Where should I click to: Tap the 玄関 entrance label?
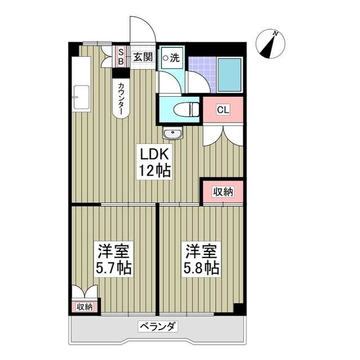coord(143,56)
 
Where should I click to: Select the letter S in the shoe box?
coord(120,52)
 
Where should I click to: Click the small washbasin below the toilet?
coord(172,133)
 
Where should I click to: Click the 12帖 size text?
coord(152,170)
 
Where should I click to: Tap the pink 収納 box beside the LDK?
coord(223,192)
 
